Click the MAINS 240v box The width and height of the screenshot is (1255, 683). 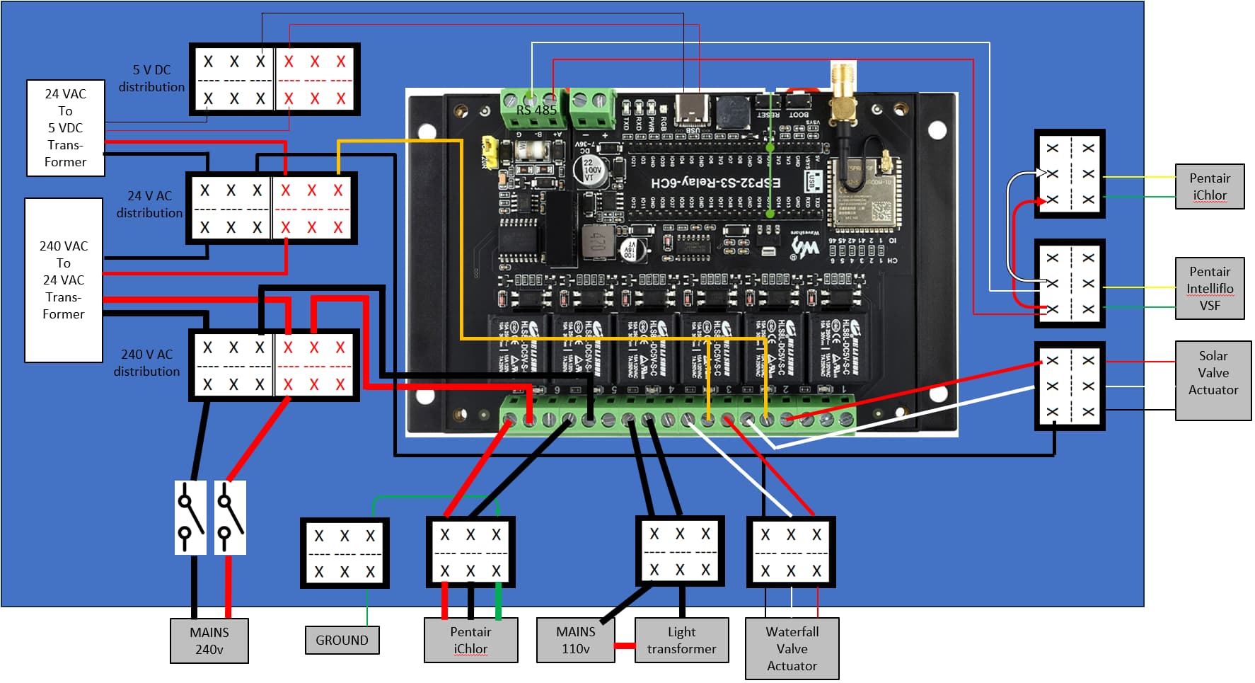click(x=209, y=641)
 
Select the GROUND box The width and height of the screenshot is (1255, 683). click(x=342, y=640)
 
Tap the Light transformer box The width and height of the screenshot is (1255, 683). click(x=681, y=641)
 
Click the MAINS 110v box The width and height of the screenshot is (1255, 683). click(x=575, y=641)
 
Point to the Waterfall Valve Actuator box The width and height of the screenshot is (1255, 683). click(x=792, y=648)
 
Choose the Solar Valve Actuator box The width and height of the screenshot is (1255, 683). click(x=1213, y=381)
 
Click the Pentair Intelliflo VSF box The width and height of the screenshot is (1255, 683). click(x=1209, y=288)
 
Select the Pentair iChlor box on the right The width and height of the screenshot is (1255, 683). click(x=1209, y=186)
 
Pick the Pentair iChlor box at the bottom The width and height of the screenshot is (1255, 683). click(x=470, y=641)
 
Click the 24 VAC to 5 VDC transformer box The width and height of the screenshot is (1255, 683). click(x=65, y=128)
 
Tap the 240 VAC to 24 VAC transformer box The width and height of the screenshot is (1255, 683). click(x=64, y=280)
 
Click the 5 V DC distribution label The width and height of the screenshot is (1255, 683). click(x=151, y=79)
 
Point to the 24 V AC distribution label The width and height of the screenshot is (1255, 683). click(x=149, y=204)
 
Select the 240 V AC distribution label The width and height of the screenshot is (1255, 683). click(x=146, y=362)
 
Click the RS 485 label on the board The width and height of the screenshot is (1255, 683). click(x=536, y=110)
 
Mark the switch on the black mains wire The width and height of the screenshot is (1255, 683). click(x=190, y=517)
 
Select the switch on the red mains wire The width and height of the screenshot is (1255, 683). click(x=230, y=517)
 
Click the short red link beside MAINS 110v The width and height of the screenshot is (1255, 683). click(x=625, y=645)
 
